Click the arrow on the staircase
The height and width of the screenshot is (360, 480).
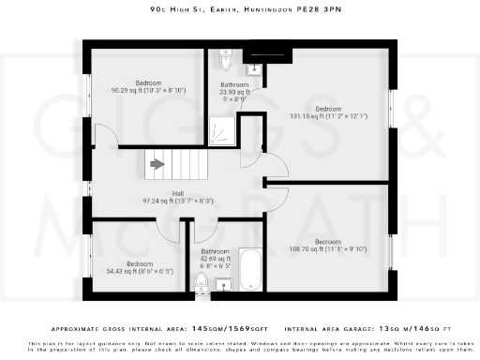point(157,165)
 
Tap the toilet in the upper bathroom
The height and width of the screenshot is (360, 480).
point(223,61)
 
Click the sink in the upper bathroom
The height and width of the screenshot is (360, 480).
point(254,67)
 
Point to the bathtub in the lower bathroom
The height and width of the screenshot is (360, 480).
point(250,270)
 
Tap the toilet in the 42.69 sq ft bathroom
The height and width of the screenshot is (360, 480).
point(202,280)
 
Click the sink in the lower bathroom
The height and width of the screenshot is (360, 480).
point(223,284)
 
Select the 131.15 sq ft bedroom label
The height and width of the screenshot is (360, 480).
point(328,112)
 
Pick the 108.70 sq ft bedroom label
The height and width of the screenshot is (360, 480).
point(328,246)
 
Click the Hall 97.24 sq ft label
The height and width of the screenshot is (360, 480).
point(177,198)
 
